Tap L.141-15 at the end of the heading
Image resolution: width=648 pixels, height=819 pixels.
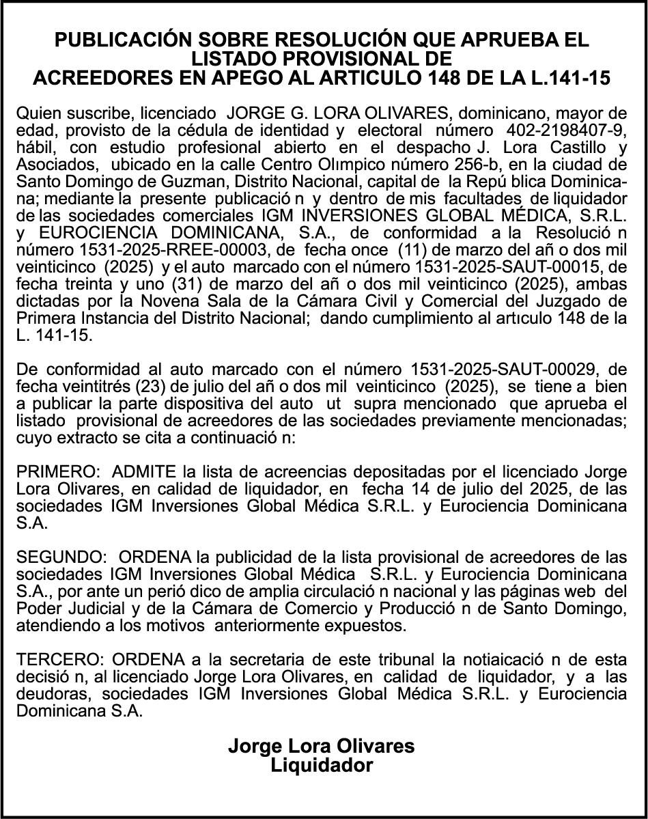point(569,78)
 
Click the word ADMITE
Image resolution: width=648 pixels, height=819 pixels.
point(143,472)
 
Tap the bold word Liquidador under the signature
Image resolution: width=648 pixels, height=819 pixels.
point(322,765)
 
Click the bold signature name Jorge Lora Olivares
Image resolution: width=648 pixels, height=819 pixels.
point(322,746)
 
